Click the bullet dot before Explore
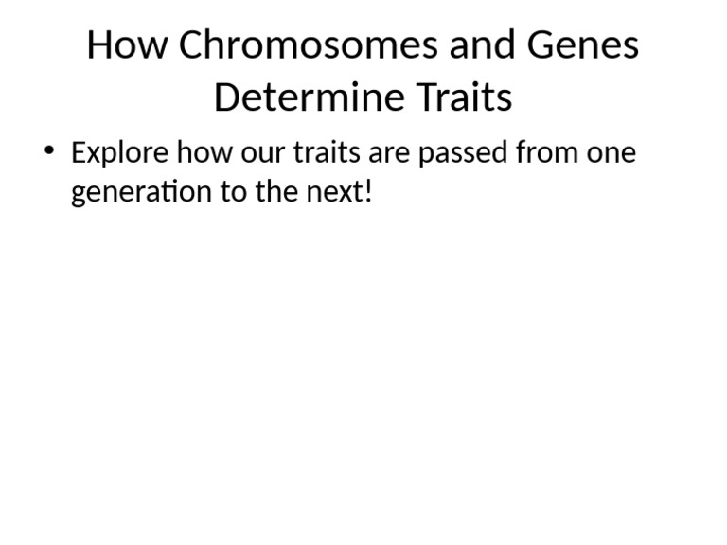click(x=49, y=151)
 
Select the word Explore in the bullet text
click(x=120, y=153)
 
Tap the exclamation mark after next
click(x=368, y=192)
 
